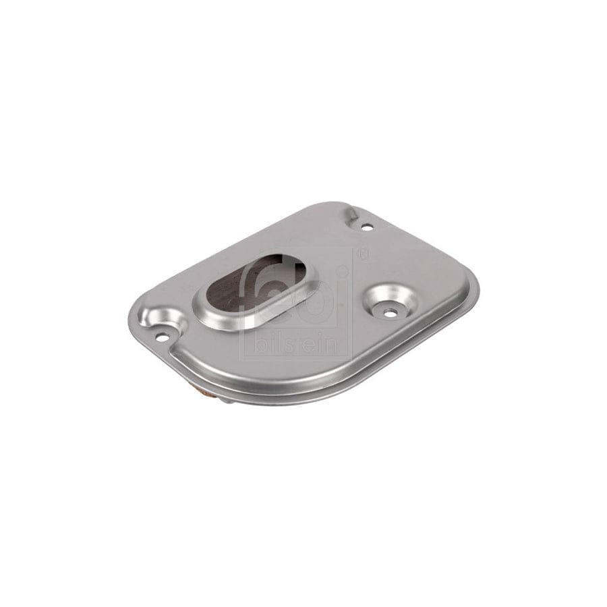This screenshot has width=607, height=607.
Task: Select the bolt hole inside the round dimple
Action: click(391, 310)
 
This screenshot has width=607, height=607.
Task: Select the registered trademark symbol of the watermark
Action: click(364, 253)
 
